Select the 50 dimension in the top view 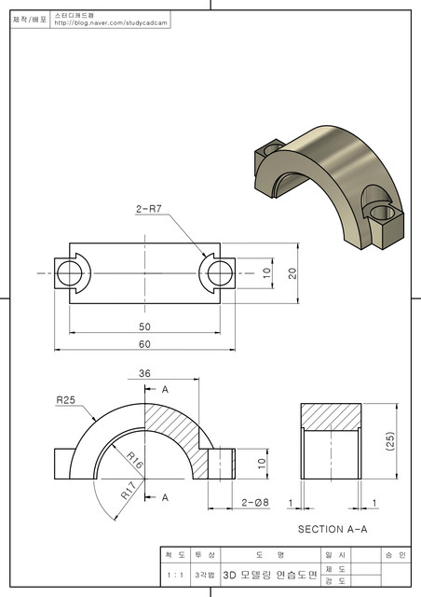143,327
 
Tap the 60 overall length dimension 143,343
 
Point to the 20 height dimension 292,273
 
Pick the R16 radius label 133,460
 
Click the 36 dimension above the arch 144,373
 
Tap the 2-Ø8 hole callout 256,503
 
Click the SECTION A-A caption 333,529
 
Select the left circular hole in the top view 70,273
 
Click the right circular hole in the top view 220,273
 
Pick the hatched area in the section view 330,416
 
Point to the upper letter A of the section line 166,388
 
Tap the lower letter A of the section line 166,497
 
